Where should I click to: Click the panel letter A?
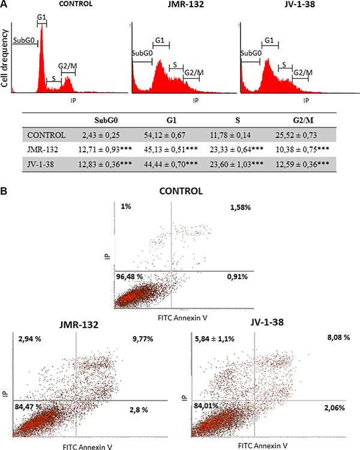(4, 5)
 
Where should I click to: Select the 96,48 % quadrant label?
(130, 277)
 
